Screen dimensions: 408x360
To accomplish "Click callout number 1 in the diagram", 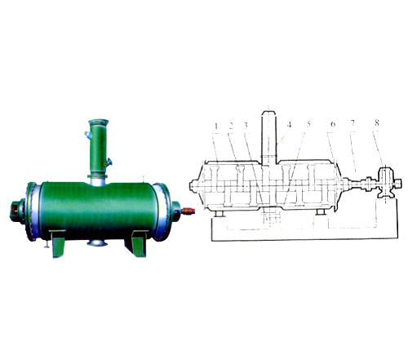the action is (216, 127).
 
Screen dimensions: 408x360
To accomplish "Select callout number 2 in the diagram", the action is (231, 126).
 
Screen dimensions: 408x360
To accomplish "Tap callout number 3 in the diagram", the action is (246, 126).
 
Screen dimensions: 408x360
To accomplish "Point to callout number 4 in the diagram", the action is (289, 125).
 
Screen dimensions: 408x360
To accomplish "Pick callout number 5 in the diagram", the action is (308, 124).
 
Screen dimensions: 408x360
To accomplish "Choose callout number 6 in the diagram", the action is (333, 124).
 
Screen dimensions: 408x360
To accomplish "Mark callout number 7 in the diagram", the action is (353, 123).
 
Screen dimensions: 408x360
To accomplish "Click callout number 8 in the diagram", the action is (377, 123).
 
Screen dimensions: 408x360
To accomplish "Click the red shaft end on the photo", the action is (188, 211).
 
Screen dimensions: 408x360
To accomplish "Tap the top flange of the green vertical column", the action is (98, 122).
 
